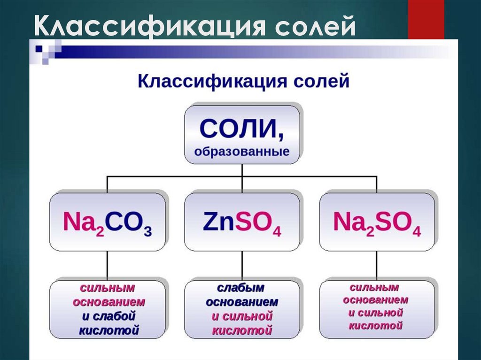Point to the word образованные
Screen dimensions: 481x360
(242, 152)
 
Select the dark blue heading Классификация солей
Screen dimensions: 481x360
(243, 81)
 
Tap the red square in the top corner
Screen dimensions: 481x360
(426, 19)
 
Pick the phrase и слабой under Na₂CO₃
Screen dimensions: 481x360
(109, 316)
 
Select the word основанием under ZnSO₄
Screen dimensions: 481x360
(242, 302)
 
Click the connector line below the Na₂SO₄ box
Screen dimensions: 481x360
(377, 265)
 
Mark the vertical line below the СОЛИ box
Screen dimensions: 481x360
(242, 170)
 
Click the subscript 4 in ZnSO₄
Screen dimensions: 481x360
(277, 232)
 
